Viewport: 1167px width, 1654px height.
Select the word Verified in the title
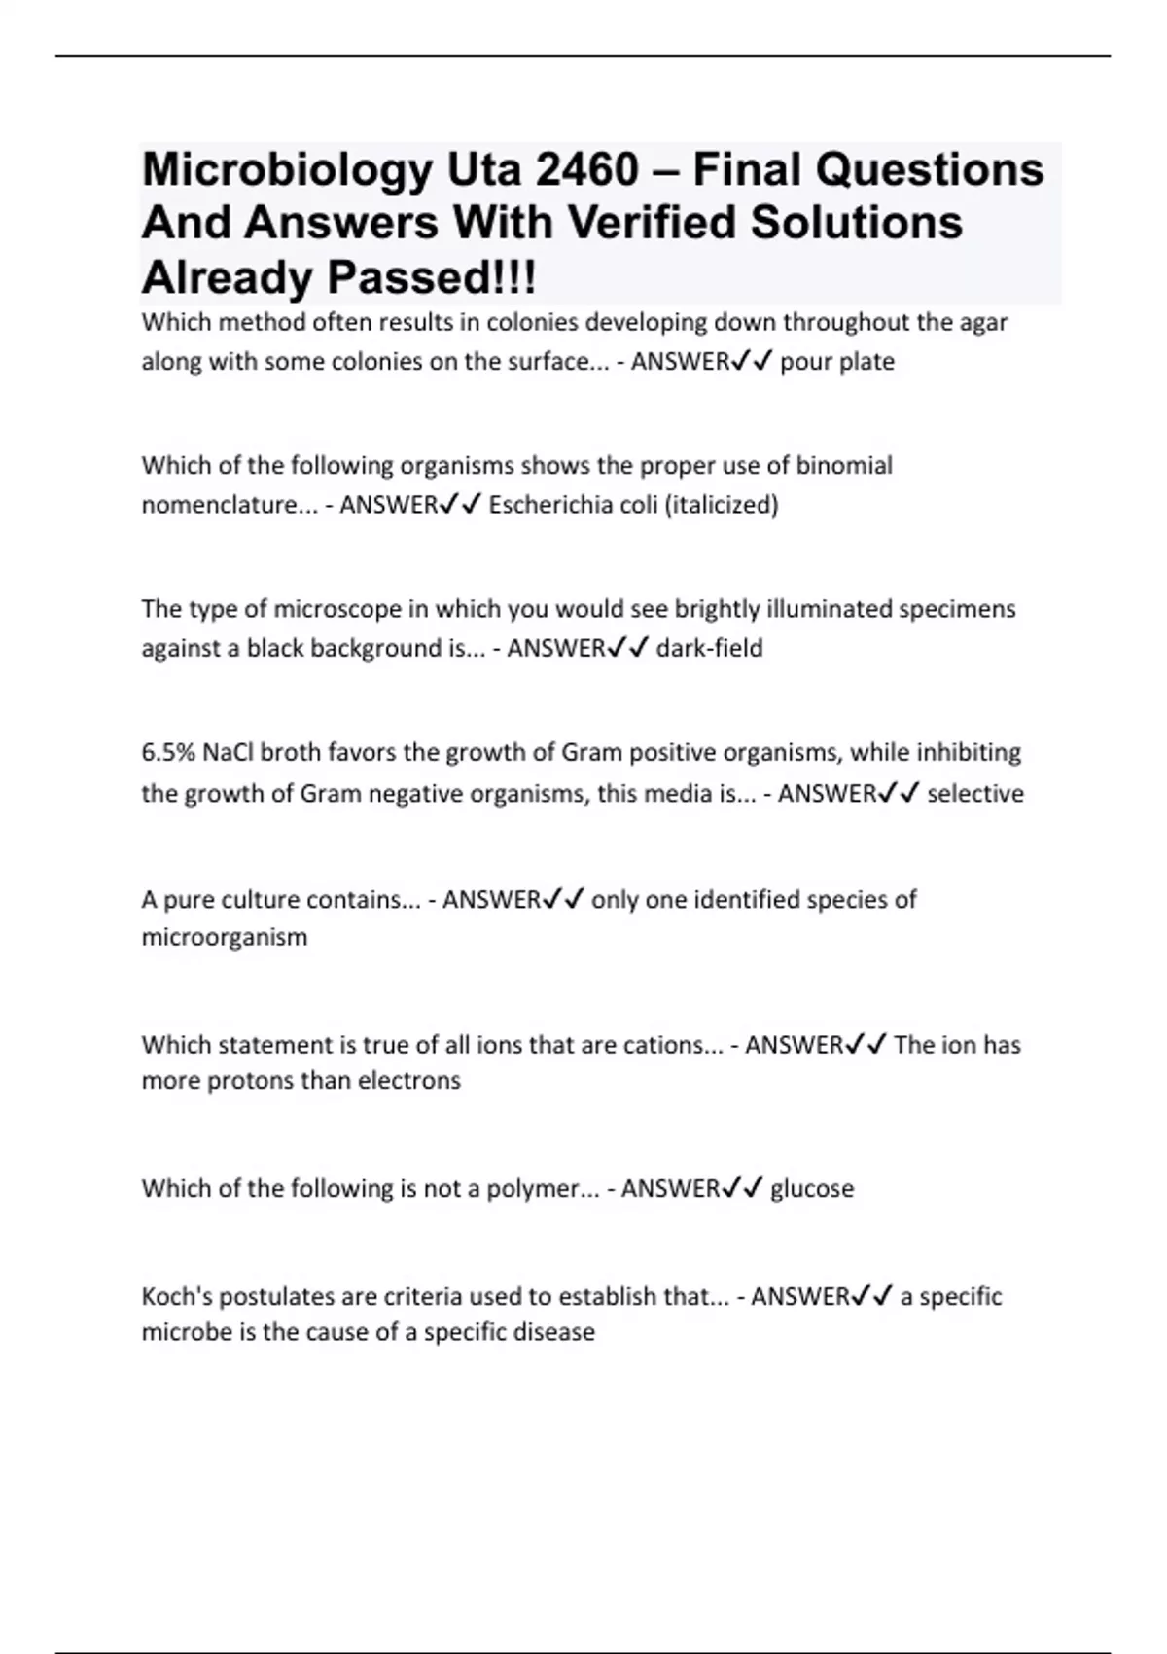coord(651,223)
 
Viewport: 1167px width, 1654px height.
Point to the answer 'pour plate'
coord(836,362)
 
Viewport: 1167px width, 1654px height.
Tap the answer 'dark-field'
coord(709,648)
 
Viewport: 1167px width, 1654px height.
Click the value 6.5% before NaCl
coord(168,752)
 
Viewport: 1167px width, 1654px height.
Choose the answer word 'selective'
coord(974,794)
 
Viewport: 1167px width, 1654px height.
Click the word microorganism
coord(225,937)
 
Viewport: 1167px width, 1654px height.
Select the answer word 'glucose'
coord(811,1189)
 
